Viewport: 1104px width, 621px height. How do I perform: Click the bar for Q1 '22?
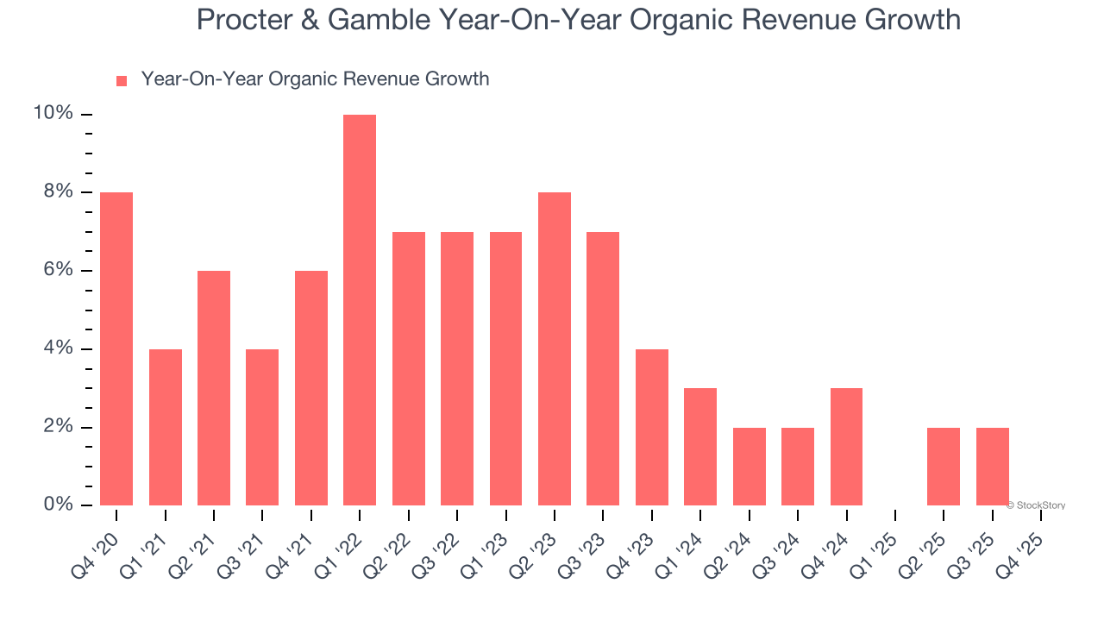(x=360, y=310)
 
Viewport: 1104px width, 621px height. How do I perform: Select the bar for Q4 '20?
(x=116, y=348)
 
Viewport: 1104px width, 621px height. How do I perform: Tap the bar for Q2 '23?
(x=555, y=348)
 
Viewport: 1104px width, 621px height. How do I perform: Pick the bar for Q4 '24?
(x=847, y=446)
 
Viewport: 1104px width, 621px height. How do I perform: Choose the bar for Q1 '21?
(x=166, y=427)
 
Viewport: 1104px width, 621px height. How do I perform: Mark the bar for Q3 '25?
(x=993, y=466)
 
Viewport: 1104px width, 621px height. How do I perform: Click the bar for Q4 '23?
(x=652, y=427)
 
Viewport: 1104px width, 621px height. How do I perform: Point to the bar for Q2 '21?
(x=214, y=387)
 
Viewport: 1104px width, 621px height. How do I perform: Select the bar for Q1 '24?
(x=700, y=446)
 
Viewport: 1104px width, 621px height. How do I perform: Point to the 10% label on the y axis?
(x=53, y=114)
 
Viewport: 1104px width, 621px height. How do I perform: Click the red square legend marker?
(x=122, y=80)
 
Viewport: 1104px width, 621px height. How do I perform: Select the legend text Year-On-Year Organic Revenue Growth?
(x=315, y=79)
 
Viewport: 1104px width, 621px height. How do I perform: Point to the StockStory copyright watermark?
(x=1036, y=505)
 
